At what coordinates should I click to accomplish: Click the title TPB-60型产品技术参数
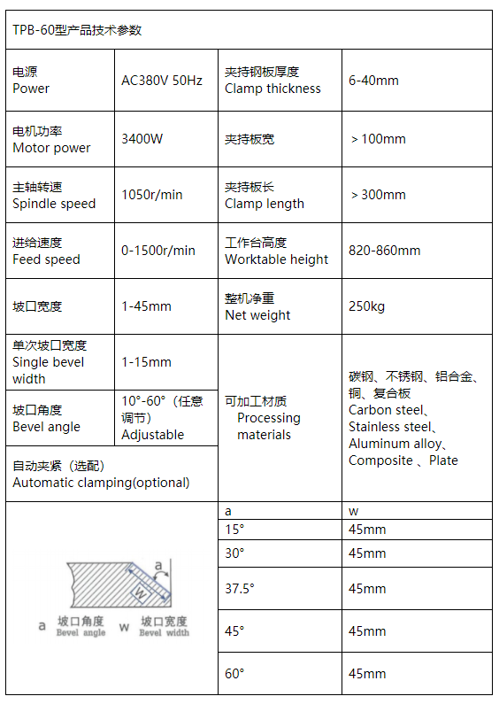coord(77,30)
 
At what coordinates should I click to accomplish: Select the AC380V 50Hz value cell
coord(162,81)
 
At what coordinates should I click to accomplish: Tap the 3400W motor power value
coord(142,139)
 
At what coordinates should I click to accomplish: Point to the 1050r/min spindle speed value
coord(152,195)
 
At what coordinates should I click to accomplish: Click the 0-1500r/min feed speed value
coord(158,251)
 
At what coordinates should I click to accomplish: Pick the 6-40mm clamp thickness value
coord(373,81)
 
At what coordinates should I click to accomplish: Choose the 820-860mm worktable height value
coord(385,251)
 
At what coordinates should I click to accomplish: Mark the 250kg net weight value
coord(366,306)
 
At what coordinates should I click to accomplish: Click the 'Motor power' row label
coord(51,148)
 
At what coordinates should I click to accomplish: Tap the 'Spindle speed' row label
coord(54,204)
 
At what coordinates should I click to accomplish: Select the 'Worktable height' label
coord(276,259)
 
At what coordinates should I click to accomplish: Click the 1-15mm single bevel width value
coord(146,362)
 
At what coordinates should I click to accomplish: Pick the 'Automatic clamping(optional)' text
coord(101,483)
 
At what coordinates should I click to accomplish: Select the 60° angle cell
coord(234,674)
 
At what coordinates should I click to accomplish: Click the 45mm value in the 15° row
coord(367,530)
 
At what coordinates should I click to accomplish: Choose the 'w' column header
coord(353,511)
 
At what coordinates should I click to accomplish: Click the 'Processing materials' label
coord(268,426)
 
